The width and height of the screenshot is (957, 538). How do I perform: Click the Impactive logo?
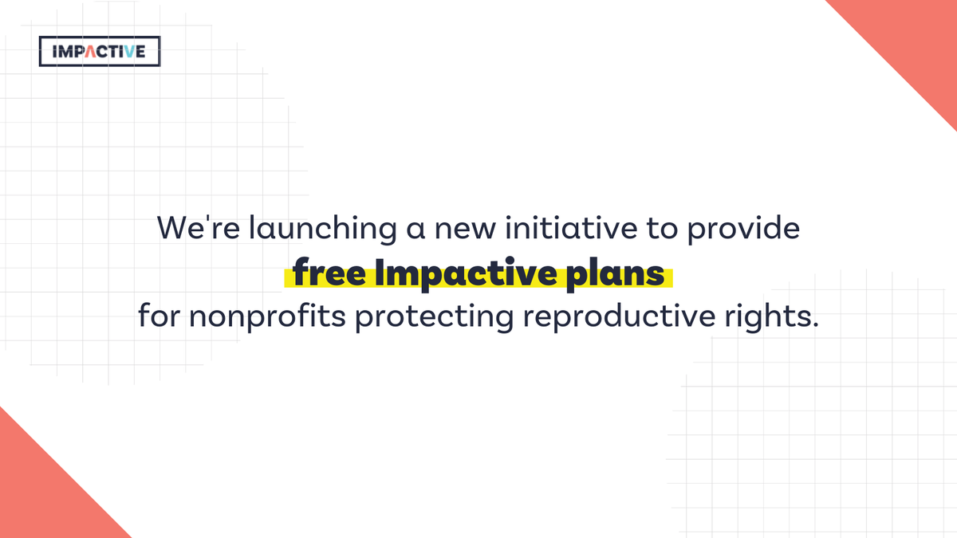[x=100, y=52]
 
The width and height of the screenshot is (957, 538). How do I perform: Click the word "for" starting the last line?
[x=159, y=317]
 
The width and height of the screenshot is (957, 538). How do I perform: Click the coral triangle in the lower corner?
[x=40, y=494]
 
